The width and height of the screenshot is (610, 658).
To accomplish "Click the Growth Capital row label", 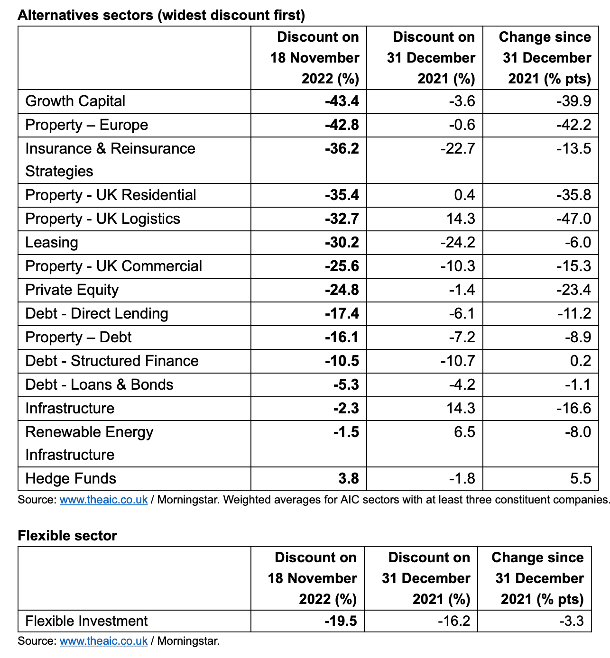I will (x=75, y=101).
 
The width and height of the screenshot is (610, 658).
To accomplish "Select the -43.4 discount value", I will (x=342, y=101).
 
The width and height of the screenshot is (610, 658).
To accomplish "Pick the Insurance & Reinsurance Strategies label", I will (x=110, y=160).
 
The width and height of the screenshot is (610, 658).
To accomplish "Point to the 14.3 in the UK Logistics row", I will (x=461, y=219).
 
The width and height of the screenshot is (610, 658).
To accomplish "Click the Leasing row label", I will (x=51, y=242).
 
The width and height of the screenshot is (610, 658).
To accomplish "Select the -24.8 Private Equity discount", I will (x=342, y=290).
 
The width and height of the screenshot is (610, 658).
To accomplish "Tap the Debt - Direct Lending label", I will (x=97, y=313).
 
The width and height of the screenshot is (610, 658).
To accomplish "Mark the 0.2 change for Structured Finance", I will (x=581, y=361).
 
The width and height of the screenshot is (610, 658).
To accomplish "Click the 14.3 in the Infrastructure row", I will (x=461, y=408).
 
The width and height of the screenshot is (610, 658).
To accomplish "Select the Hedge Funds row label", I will (x=71, y=478).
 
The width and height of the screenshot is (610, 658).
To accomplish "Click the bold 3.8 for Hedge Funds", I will (x=349, y=478).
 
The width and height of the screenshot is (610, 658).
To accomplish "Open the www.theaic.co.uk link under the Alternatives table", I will (x=103, y=500).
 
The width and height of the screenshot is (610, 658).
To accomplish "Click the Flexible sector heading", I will (x=67, y=536).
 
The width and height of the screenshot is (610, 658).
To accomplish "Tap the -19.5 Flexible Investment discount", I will (x=341, y=621).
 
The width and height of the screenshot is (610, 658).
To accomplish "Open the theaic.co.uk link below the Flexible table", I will (x=103, y=641).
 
